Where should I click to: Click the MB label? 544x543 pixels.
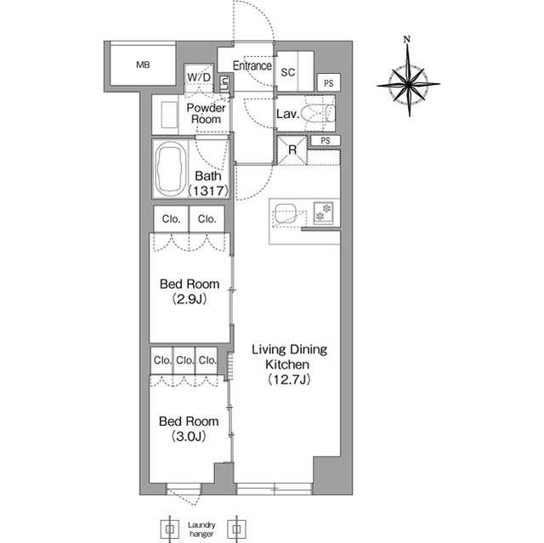pos(143,65)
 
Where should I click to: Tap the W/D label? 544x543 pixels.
pos(199,77)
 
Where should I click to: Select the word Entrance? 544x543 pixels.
pos(252,65)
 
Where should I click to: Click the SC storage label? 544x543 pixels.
pos(287,72)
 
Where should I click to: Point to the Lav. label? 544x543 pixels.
pos(287,114)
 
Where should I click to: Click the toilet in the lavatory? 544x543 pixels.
pos(318,114)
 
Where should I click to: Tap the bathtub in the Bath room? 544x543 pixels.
pos(170,169)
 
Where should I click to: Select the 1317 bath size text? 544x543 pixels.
pos(208,190)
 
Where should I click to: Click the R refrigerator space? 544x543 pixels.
pos(292,150)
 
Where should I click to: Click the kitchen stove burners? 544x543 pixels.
pos(324,212)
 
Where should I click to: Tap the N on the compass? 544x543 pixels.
pos(407,39)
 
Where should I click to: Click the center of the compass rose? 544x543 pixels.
pos(408,84)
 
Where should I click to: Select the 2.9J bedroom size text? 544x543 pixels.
pos(190,299)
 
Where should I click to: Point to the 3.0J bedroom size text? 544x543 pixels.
pos(189,436)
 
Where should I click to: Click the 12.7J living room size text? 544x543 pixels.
pos(289,379)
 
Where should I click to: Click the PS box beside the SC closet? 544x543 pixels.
pos(329,83)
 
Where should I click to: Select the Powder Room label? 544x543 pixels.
pos(206,113)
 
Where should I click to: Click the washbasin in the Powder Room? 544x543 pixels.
pos(168,115)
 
